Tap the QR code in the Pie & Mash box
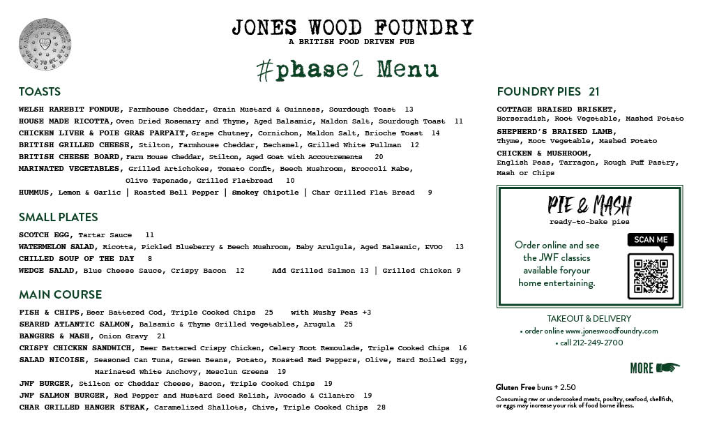click(650, 275)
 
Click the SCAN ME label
click(650, 239)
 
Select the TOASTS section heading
click(40, 91)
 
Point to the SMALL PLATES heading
click(58, 217)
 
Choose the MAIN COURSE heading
click(60, 294)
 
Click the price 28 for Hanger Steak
click(381, 407)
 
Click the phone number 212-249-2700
click(592, 343)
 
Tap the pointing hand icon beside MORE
click(667, 368)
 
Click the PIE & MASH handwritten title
click(589, 205)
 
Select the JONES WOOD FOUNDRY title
click(352, 27)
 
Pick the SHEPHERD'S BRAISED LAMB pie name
click(556, 131)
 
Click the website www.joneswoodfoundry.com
click(611, 331)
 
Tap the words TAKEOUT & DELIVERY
click(589, 318)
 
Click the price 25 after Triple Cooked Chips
click(269, 313)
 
